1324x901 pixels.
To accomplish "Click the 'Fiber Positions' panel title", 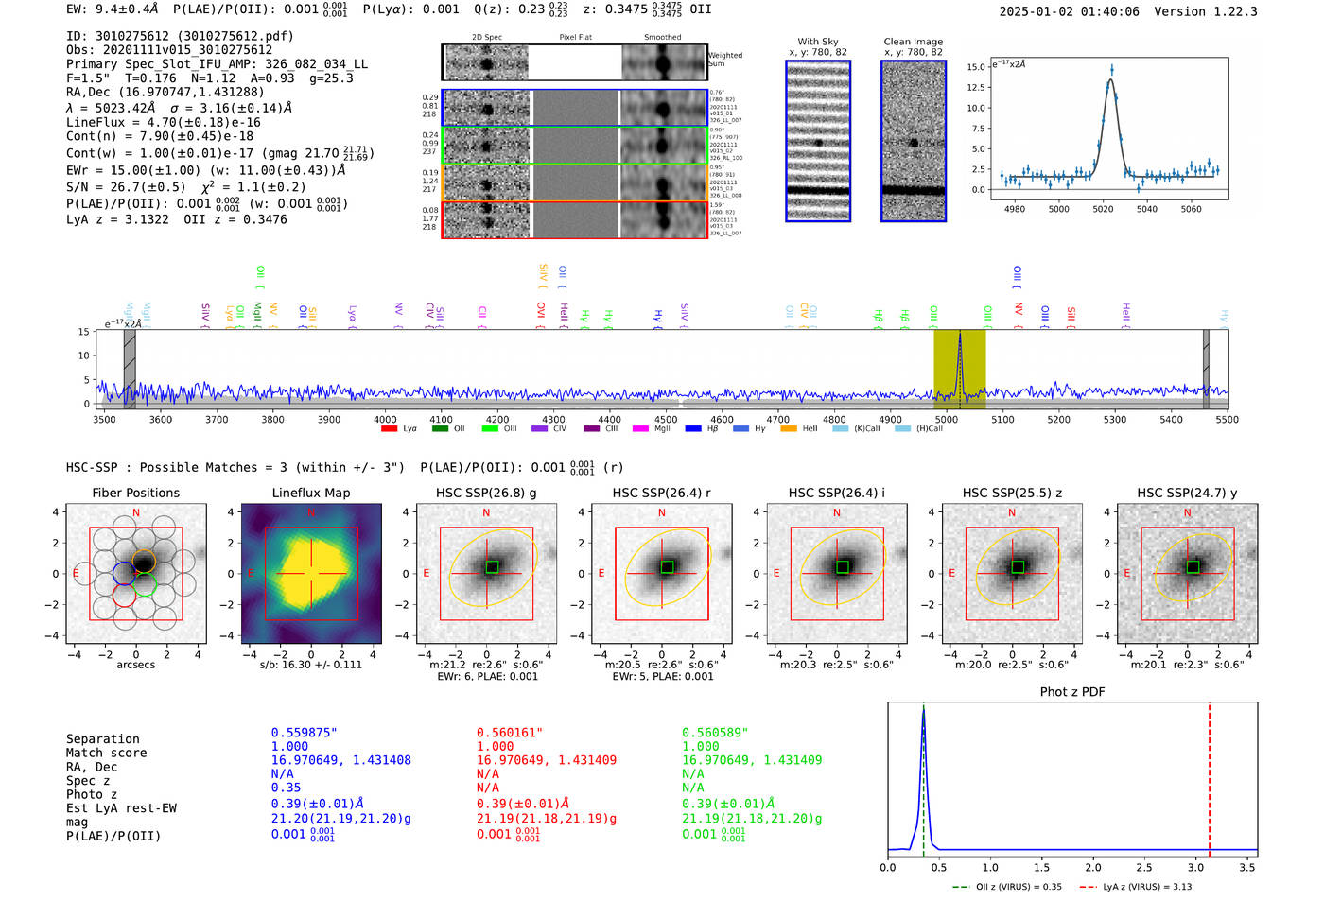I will (135, 493).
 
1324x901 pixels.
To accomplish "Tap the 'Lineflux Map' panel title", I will (310, 493).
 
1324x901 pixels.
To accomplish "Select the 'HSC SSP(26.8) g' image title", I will (486, 493).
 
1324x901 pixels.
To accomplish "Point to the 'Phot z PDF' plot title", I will (1072, 692).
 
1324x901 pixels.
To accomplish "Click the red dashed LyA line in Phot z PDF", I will (1210, 775).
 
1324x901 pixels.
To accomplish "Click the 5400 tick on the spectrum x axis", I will (1171, 419).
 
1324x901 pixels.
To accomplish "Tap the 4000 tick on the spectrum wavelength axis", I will (385, 419).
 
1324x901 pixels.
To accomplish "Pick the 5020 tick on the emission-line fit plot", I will (1103, 209).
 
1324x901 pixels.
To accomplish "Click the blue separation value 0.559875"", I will (304, 733).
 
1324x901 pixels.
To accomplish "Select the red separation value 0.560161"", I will (509, 733).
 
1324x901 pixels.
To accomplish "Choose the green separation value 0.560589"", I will (715, 733).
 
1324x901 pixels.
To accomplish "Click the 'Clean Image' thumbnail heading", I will (913, 42).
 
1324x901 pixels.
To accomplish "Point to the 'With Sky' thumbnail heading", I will (817, 42).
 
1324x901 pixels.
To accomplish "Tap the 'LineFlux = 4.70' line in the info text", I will (163, 122).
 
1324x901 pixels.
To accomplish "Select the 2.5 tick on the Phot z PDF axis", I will (1144, 867).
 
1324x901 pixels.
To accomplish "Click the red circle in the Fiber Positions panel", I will (124, 595).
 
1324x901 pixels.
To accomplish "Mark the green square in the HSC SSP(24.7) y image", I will (1193, 567).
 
